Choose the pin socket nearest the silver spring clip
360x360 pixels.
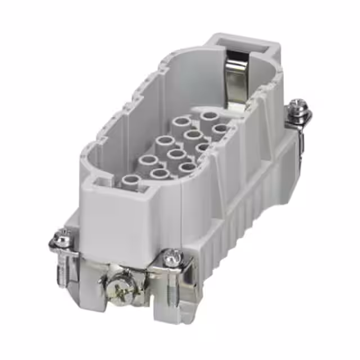point(208,116)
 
